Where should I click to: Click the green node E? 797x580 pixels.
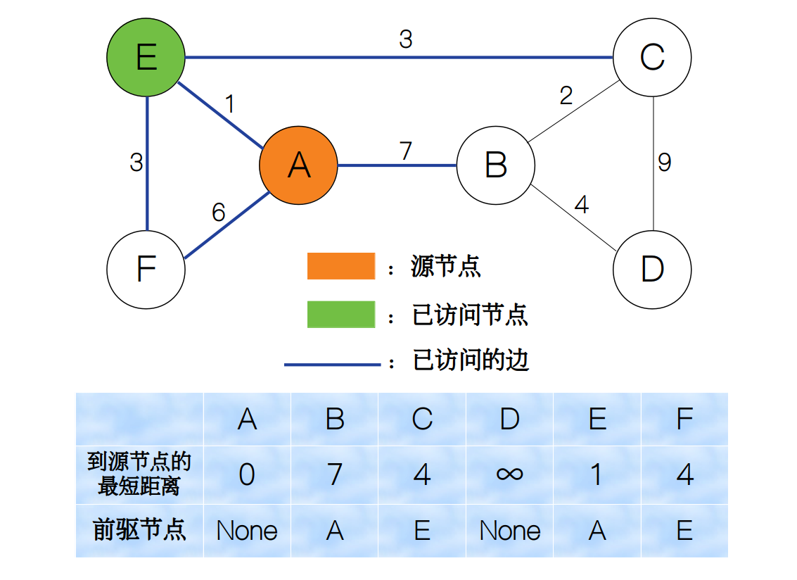(x=146, y=57)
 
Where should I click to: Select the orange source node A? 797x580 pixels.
(x=298, y=166)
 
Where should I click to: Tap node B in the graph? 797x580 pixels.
(x=495, y=166)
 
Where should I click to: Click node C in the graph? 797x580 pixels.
(x=652, y=57)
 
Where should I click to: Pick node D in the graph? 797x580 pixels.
(x=652, y=270)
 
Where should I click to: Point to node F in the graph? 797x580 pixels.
(x=146, y=270)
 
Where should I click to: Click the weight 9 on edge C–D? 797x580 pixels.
(x=664, y=163)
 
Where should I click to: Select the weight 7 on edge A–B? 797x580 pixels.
(x=405, y=151)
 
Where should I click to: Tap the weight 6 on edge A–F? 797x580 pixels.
(x=219, y=212)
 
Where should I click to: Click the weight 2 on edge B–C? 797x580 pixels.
(x=566, y=95)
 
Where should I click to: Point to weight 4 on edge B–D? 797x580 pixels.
(x=581, y=205)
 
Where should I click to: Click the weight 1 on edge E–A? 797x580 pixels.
(x=229, y=104)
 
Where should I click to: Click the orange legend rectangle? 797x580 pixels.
(x=341, y=267)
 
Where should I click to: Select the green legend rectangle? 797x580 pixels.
(x=341, y=315)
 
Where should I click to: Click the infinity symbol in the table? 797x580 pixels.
(x=509, y=474)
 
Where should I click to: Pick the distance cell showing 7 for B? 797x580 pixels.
(x=335, y=474)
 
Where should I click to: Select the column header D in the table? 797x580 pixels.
(x=509, y=420)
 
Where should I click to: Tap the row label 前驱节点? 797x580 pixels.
(x=139, y=530)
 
